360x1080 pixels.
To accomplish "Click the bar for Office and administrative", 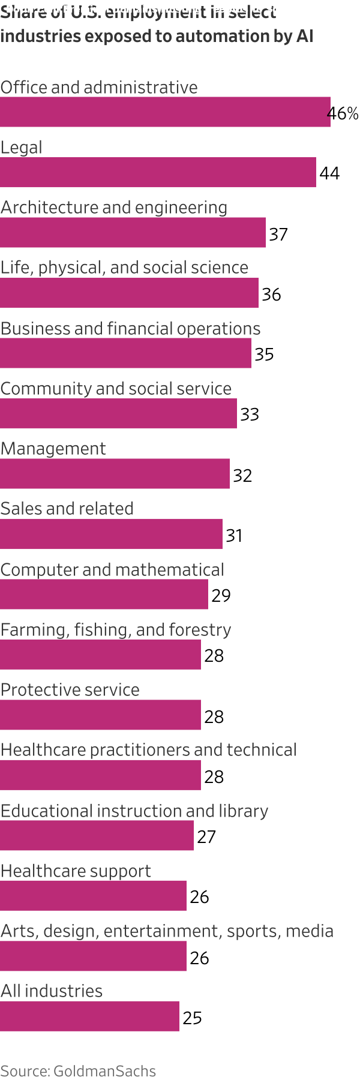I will tap(165, 112).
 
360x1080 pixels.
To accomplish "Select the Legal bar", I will tap(158, 172).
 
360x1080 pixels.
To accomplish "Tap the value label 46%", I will tap(344, 113).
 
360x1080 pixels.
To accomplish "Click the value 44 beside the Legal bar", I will tap(329, 173).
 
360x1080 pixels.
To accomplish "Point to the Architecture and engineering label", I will tap(114, 208).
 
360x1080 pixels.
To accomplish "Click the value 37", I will tap(278, 234).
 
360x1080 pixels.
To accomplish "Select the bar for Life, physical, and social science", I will tap(129, 293).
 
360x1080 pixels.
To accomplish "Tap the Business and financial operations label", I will tap(130, 329).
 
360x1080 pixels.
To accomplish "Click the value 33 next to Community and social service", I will tap(250, 415).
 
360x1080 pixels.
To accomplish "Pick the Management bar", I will tap(115, 474).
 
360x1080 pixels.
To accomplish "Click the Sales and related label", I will tap(67, 509).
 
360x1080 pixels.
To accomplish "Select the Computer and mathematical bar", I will tap(104, 595).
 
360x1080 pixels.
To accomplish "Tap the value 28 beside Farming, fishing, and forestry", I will tap(214, 656).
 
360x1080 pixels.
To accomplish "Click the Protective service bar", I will tap(100, 715).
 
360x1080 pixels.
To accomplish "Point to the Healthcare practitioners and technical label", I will tap(148, 750).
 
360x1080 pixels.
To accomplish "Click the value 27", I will tap(206, 837).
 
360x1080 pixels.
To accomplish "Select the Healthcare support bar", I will tap(93, 896).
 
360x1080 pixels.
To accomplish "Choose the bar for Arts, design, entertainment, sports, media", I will tap(93, 956).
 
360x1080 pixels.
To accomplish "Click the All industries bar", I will tap(89, 1016).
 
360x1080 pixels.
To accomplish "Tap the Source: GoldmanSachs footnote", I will tap(78, 1071).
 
